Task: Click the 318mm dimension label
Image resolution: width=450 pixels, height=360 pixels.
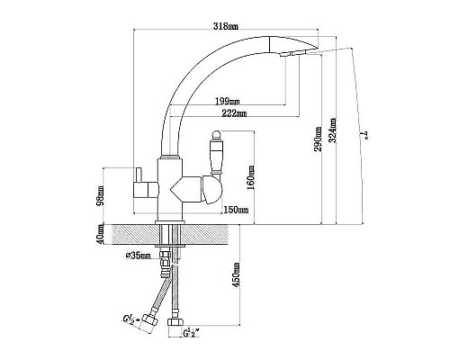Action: [226, 26]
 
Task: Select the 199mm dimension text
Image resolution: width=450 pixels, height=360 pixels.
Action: [228, 101]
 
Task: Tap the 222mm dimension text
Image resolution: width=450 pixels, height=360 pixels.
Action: [234, 113]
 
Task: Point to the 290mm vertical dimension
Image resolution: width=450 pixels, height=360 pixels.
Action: [318, 139]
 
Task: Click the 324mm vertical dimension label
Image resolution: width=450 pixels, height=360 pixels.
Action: [332, 130]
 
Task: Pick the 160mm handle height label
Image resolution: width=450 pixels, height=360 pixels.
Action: [251, 177]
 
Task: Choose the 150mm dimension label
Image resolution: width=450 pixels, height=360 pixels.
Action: [236, 210]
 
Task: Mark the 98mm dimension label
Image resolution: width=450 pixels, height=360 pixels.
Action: [101, 195]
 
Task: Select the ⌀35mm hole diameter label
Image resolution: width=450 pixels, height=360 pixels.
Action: [139, 256]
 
